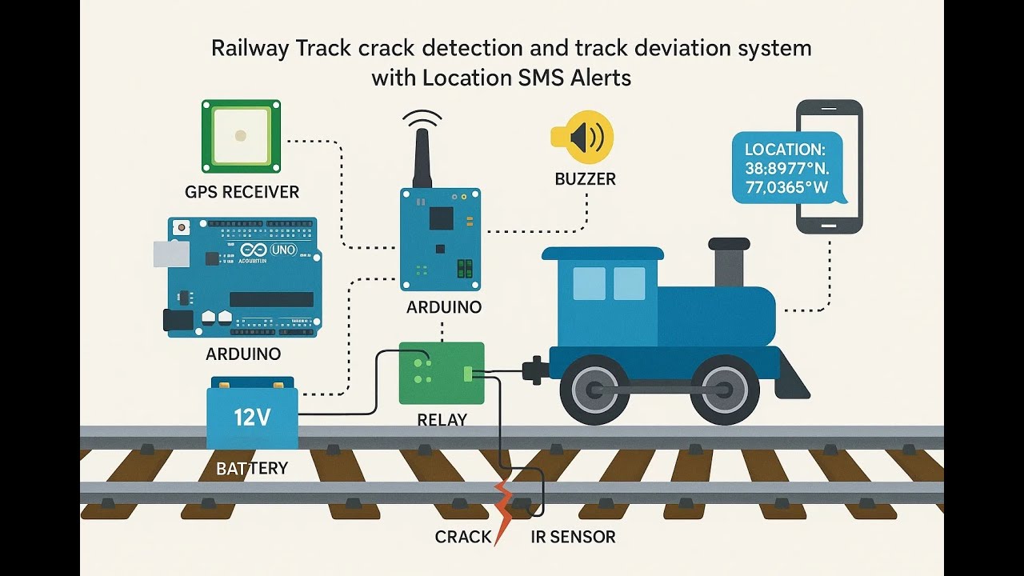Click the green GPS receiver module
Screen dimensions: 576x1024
(241, 135)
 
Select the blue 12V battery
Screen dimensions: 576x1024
(252, 418)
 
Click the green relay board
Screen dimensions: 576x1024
(442, 373)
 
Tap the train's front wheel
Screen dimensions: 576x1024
(724, 390)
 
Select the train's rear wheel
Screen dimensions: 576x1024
(594, 390)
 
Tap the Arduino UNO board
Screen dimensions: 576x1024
(244, 276)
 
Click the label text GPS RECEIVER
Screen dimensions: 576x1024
(242, 192)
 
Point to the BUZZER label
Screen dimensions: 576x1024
(585, 179)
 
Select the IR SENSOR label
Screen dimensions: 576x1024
(573, 537)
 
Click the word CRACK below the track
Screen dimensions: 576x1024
(462, 537)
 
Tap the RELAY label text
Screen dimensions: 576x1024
(442, 420)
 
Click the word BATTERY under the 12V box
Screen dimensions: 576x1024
(252, 468)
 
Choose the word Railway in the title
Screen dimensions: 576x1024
(249, 49)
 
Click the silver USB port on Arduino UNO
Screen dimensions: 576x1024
(171, 254)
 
